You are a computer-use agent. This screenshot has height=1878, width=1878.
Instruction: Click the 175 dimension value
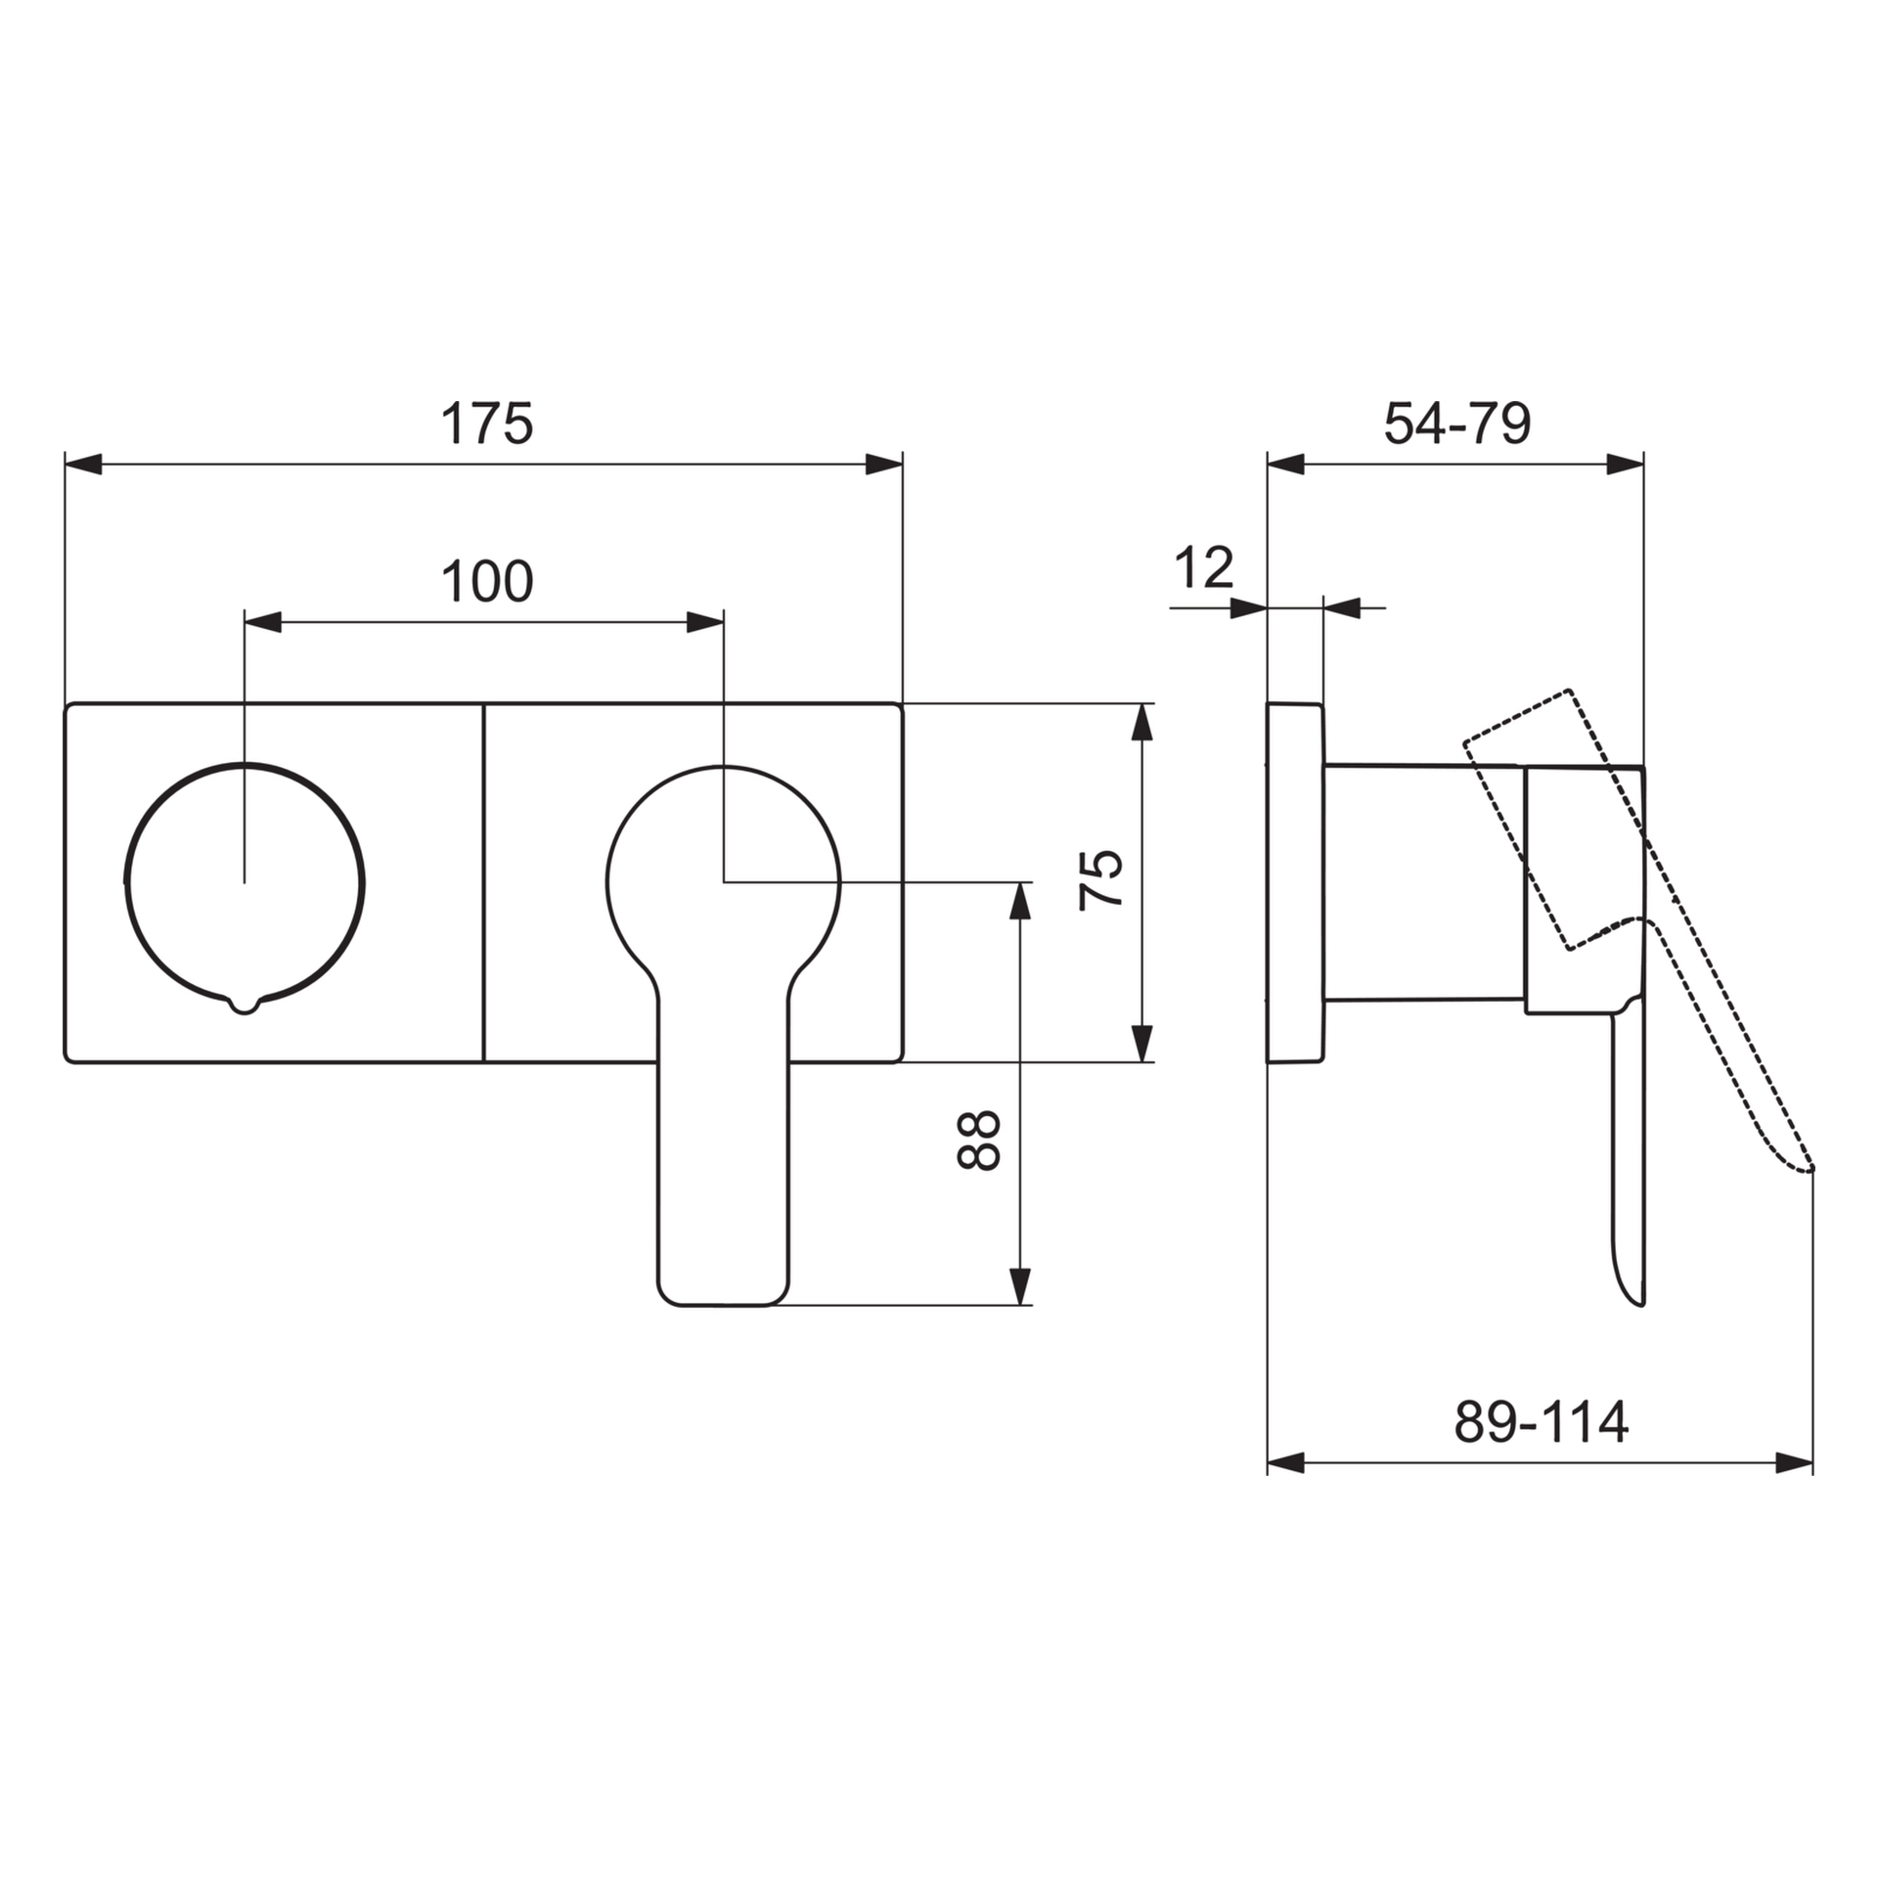[486, 424]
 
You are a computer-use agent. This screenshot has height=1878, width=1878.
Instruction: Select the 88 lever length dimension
[978, 1140]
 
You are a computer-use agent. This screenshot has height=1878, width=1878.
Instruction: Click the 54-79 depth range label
[1456, 424]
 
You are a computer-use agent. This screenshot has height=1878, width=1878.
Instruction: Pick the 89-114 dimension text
[1541, 1421]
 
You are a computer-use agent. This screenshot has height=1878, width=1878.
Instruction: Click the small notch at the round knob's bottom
[245, 1006]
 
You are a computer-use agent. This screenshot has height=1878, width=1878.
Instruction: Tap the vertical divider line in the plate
[484, 880]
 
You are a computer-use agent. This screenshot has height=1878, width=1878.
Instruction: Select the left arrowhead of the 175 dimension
[83, 465]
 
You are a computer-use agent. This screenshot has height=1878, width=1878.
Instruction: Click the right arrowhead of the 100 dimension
[704, 622]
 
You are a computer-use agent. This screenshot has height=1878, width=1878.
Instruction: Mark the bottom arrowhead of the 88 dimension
[1019, 1285]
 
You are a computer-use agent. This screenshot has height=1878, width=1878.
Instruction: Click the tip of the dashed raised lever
[1810, 1168]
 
